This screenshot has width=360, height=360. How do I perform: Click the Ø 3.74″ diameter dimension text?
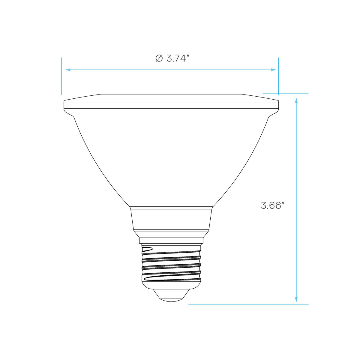coord(172,58)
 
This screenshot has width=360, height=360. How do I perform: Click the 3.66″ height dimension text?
coord(273,205)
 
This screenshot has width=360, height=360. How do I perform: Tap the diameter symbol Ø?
coord(159,58)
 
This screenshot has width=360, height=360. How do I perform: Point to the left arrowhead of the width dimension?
coord(68,70)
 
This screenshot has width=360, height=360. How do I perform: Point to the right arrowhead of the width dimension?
coord(274,70)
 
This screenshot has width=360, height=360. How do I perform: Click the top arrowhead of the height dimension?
coord(296,100)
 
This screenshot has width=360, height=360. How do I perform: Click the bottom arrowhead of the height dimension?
coord(296,300)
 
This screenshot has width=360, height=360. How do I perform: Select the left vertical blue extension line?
coord(61,76)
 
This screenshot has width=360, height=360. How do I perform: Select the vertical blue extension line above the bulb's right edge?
coord(278,76)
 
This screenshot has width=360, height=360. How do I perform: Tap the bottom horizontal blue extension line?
coord(248,305)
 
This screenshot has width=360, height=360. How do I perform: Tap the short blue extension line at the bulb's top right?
coord(286,94)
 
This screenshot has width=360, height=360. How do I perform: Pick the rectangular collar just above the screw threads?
coord(171,240)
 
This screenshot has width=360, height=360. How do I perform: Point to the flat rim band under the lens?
coord(171,105)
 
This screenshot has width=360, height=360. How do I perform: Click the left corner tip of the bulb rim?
coord(64,101)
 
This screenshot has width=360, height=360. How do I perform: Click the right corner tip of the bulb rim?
coord(278,101)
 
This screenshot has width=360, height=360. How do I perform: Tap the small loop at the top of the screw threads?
coord(147,249)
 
